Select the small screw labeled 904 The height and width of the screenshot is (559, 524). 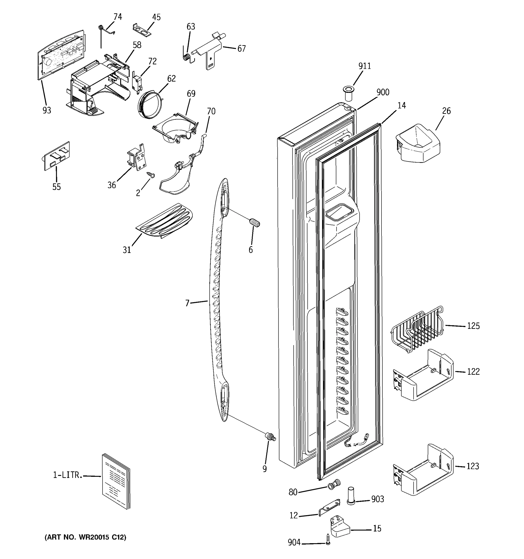pos(327,540)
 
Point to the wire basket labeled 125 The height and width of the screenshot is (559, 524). pos(417,329)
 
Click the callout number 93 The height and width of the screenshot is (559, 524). pos(47,110)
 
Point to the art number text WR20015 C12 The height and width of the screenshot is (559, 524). pos(85,537)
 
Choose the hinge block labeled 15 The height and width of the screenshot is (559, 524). pos(339,526)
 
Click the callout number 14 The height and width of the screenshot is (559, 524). pos(402,106)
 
